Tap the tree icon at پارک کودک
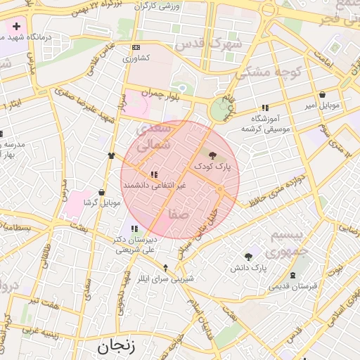(x=212, y=154)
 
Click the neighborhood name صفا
(x=178, y=214)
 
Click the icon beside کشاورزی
(x=136, y=48)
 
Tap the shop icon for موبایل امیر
(x=322, y=94)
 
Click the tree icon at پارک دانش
(x=248, y=257)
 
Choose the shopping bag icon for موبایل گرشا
(x=102, y=192)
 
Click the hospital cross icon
(x=16, y=26)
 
